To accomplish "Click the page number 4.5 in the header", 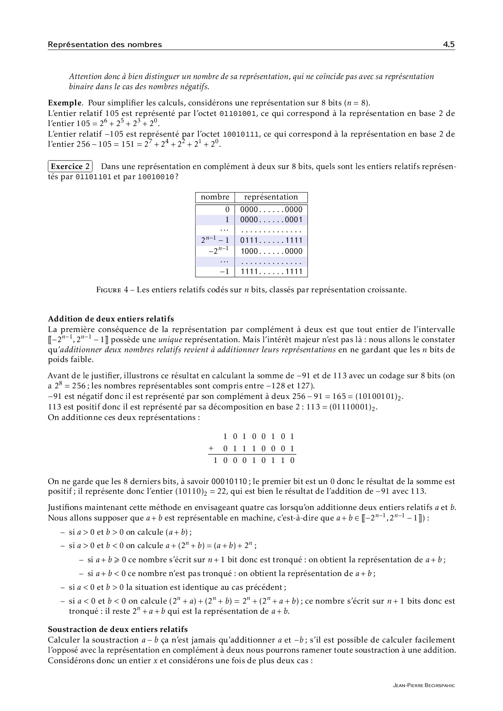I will tap(449, 45).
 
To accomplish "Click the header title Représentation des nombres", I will tap(105, 45).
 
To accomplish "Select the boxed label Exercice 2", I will tap(70, 167).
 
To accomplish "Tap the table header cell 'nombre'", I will tap(215, 197).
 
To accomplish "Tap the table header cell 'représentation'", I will tap(271, 197).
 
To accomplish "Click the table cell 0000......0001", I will tap(271, 220).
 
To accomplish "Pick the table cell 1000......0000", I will tap(271, 251).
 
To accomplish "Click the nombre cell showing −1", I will tap(225, 272).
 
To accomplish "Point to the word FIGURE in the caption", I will tap(108, 290).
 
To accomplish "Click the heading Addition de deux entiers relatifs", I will tap(111, 319).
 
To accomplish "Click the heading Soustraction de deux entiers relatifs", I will tap(118, 630).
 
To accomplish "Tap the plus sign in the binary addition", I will tap(211, 449).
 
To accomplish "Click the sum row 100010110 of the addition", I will tap(254, 460).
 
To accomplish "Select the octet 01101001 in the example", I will tap(238, 114).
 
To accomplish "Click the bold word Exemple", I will tap(62, 103).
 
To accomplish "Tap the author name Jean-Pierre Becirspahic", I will tap(424, 685).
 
